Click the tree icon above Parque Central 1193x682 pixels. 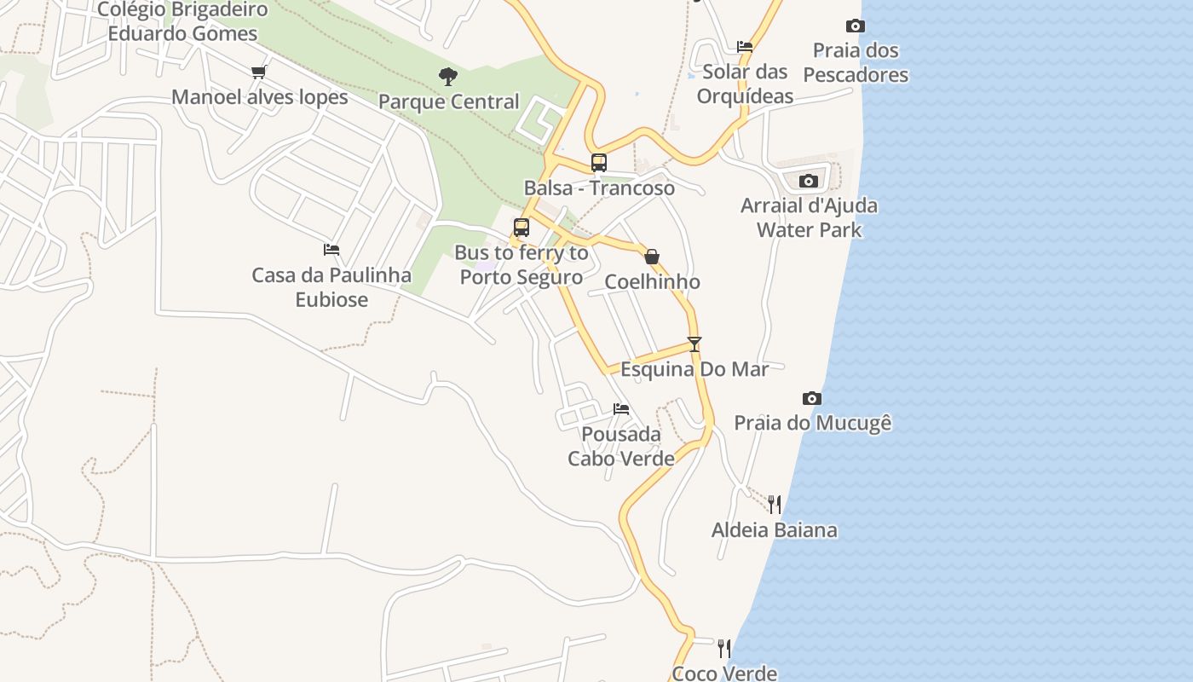(448, 77)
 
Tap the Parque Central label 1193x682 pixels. (448, 101)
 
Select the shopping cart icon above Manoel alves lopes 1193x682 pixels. (259, 72)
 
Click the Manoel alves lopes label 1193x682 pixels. (260, 97)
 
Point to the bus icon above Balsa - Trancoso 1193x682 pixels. (599, 163)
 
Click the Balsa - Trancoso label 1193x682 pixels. (599, 188)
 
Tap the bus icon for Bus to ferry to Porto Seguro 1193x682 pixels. (522, 228)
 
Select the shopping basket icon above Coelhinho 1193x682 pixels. (652, 257)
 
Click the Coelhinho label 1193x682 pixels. (652, 281)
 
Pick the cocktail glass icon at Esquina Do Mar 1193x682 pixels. (694, 344)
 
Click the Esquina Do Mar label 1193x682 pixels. (694, 369)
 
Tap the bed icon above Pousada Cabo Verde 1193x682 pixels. (621, 409)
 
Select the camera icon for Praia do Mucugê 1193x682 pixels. (812, 398)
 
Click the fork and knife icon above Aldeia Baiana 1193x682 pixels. (774, 505)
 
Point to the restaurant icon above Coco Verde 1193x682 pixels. (724, 649)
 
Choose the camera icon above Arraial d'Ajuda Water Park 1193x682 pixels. (809, 181)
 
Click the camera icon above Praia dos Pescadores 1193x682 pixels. (856, 26)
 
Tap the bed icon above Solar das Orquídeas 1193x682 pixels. (745, 47)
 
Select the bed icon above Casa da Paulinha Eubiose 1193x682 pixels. (331, 250)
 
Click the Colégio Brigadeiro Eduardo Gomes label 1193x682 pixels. (182, 22)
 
